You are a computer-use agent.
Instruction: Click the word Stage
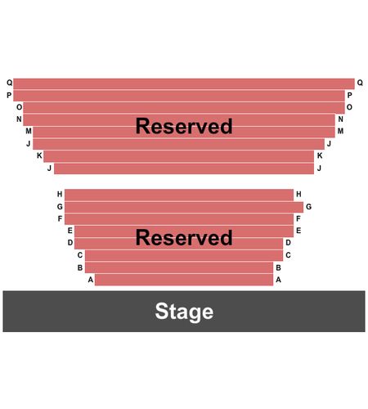pyautogui.click(x=184, y=312)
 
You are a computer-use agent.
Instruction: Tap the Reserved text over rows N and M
pyautogui.click(x=184, y=126)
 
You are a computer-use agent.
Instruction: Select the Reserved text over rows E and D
pyautogui.click(x=184, y=237)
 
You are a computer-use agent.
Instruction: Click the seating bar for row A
pyautogui.click(x=184, y=280)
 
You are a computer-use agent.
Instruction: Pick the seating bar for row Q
pyautogui.click(x=184, y=83)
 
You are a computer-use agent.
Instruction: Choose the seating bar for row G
pyautogui.click(x=184, y=207)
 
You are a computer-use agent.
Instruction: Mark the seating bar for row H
pyautogui.click(x=179, y=195)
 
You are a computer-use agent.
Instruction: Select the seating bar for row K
pyautogui.click(x=179, y=156)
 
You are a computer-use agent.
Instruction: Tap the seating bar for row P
pyautogui.click(x=179, y=96)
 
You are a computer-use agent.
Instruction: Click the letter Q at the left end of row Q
pyautogui.click(x=10, y=83)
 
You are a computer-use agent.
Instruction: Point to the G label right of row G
pyautogui.click(x=308, y=207)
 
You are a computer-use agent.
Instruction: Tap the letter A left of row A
pyautogui.click(x=91, y=280)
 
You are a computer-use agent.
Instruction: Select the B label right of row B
pyautogui.click(x=278, y=267)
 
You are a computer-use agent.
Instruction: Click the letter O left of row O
pyautogui.click(x=19, y=107)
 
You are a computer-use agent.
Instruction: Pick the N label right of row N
pyautogui.click(x=340, y=119)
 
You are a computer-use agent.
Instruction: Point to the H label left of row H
pyautogui.click(x=60, y=194)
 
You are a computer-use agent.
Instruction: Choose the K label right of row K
pyautogui.click(x=320, y=155)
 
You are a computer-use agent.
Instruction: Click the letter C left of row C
pyautogui.click(x=80, y=255)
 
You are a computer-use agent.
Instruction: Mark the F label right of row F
pyautogui.click(x=298, y=218)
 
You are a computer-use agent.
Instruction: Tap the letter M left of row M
pyautogui.click(x=29, y=131)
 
